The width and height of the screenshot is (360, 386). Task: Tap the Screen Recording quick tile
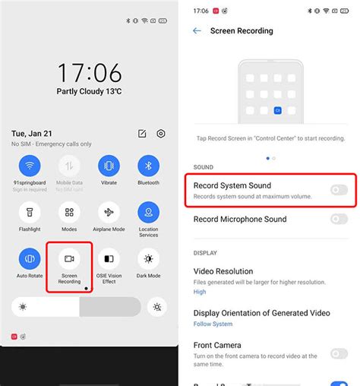tap(69, 260)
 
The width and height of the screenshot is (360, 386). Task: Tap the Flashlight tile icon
tap(30, 212)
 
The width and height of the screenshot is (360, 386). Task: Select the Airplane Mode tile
tap(109, 212)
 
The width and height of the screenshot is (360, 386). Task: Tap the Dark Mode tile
tap(148, 259)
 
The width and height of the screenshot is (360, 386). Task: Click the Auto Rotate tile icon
tap(30, 259)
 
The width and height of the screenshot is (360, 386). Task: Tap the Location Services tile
tap(148, 212)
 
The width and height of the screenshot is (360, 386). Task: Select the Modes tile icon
tap(69, 212)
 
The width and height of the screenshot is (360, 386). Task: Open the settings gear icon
tap(161, 134)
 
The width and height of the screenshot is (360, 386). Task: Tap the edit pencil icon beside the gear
tap(142, 134)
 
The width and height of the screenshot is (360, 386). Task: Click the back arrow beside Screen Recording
tap(197, 31)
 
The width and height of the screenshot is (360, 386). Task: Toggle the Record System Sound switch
tap(339, 189)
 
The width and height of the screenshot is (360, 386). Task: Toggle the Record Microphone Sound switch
tap(339, 219)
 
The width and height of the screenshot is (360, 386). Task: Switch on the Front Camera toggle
tap(339, 353)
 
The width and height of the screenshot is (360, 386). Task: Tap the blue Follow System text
tap(213, 324)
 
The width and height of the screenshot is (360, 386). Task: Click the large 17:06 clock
tap(89, 73)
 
